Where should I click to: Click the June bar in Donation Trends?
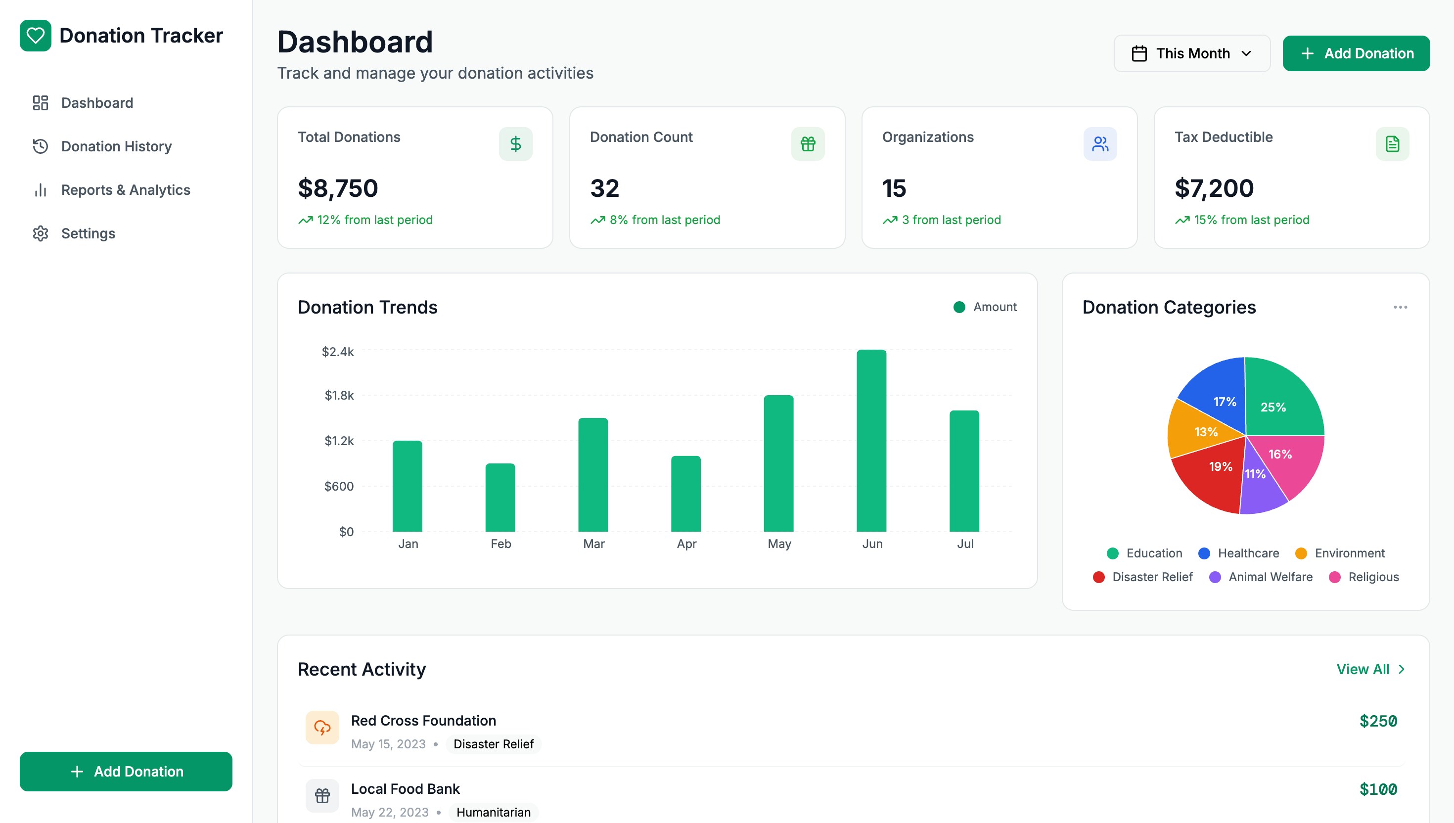click(871, 440)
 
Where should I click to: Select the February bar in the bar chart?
click(500, 497)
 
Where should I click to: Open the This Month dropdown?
click(1191, 53)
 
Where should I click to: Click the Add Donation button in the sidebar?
click(126, 771)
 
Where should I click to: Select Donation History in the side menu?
click(116, 146)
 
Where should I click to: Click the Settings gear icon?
click(41, 233)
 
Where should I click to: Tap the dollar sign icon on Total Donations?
click(515, 143)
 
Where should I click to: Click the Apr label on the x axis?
click(686, 544)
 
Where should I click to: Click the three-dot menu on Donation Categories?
click(1400, 307)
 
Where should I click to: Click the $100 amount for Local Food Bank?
click(1378, 789)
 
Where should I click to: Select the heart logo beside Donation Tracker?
click(36, 36)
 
